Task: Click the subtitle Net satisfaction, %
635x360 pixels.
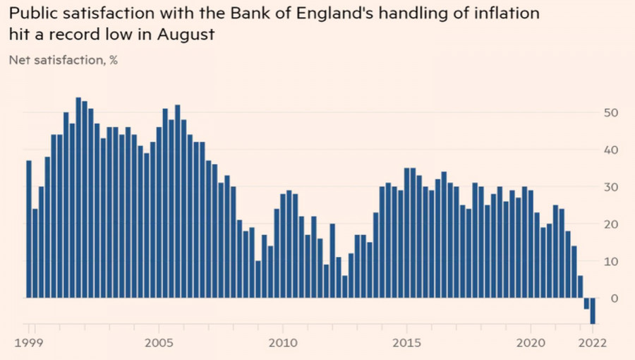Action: pyautogui.click(x=63, y=60)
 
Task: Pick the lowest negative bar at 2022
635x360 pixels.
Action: pyautogui.click(x=593, y=311)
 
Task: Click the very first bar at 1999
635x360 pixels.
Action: pyautogui.click(x=29, y=229)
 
